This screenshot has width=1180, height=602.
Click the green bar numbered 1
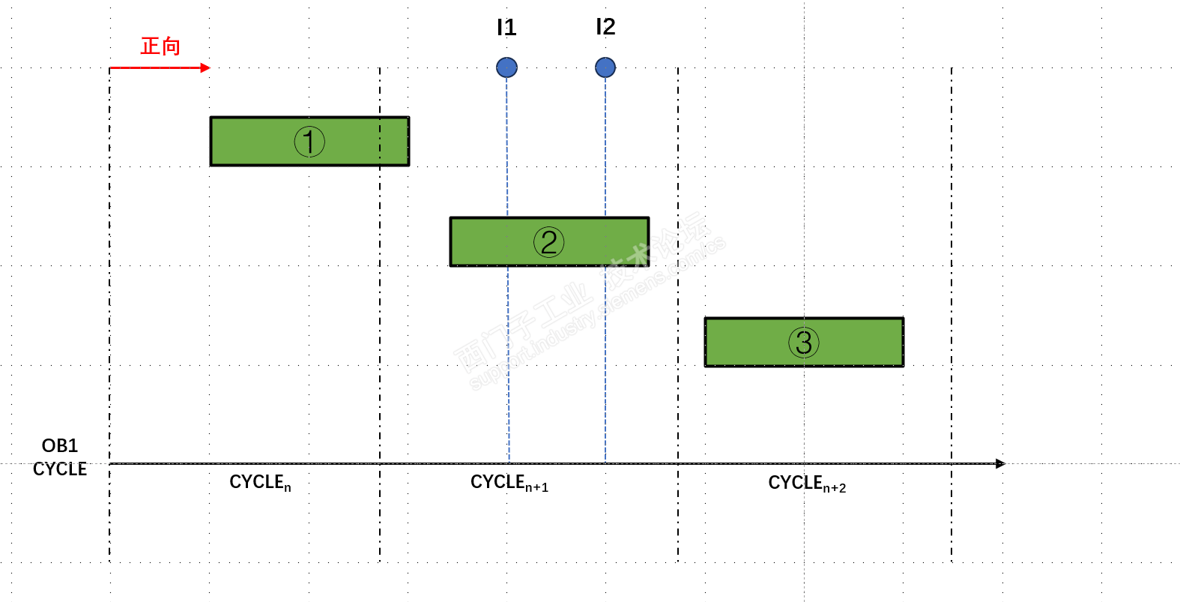(x=247, y=141)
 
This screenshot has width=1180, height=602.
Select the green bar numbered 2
(x=487, y=241)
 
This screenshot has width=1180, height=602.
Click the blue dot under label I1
(x=506, y=67)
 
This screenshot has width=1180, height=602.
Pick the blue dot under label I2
(x=605, y=67)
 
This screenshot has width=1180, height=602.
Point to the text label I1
(x=506, y=28)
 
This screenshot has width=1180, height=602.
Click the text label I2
(x=605, y=27)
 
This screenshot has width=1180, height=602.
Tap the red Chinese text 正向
(x=160, y=46)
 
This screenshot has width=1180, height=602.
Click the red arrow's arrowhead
(x=206, y=67)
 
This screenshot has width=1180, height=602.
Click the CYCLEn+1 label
(x=509, y=482)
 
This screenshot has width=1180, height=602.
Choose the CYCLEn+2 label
(x=806, y=483)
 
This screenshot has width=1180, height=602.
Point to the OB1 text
(x=60, y=446)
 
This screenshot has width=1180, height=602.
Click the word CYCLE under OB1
(x=60, y=469)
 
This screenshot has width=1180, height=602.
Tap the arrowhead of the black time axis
(x=1000, y=463)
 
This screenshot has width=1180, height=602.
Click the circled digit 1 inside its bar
(x=309, y=141)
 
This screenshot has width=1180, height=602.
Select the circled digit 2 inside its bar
(x=548, y=241)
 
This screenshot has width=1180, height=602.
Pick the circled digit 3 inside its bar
(x=804, y=342)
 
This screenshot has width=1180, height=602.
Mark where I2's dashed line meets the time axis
(x=605, y=463)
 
